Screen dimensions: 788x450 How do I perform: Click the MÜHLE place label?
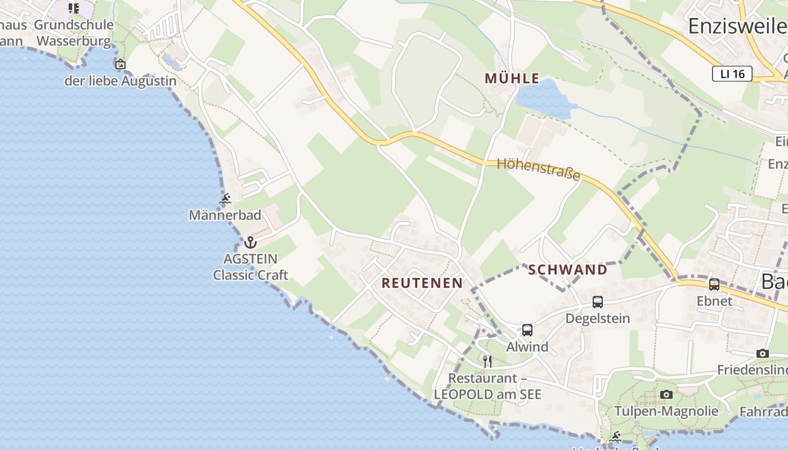512,79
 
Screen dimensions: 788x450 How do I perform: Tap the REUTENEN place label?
422,283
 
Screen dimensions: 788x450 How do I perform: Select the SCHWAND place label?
568,270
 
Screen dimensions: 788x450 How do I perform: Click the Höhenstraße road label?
539,168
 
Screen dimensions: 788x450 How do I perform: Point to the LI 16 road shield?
732,74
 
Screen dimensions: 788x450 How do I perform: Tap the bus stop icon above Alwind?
527,330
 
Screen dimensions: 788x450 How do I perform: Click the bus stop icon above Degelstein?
598,302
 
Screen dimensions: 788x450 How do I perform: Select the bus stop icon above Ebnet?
714,285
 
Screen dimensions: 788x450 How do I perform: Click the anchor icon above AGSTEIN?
250,242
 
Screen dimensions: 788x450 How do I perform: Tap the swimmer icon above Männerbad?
225,199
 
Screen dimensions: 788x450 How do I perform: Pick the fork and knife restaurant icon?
487,361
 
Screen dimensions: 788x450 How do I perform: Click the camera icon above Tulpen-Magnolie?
666,394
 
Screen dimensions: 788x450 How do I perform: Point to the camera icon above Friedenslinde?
763,353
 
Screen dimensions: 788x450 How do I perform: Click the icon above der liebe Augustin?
120,64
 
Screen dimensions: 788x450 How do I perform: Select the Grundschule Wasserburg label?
74,33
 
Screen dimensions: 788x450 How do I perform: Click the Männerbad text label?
225,215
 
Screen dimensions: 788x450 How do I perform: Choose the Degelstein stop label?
598,318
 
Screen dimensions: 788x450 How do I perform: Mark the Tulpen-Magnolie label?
666,411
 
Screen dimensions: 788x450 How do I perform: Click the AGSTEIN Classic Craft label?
250,267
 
